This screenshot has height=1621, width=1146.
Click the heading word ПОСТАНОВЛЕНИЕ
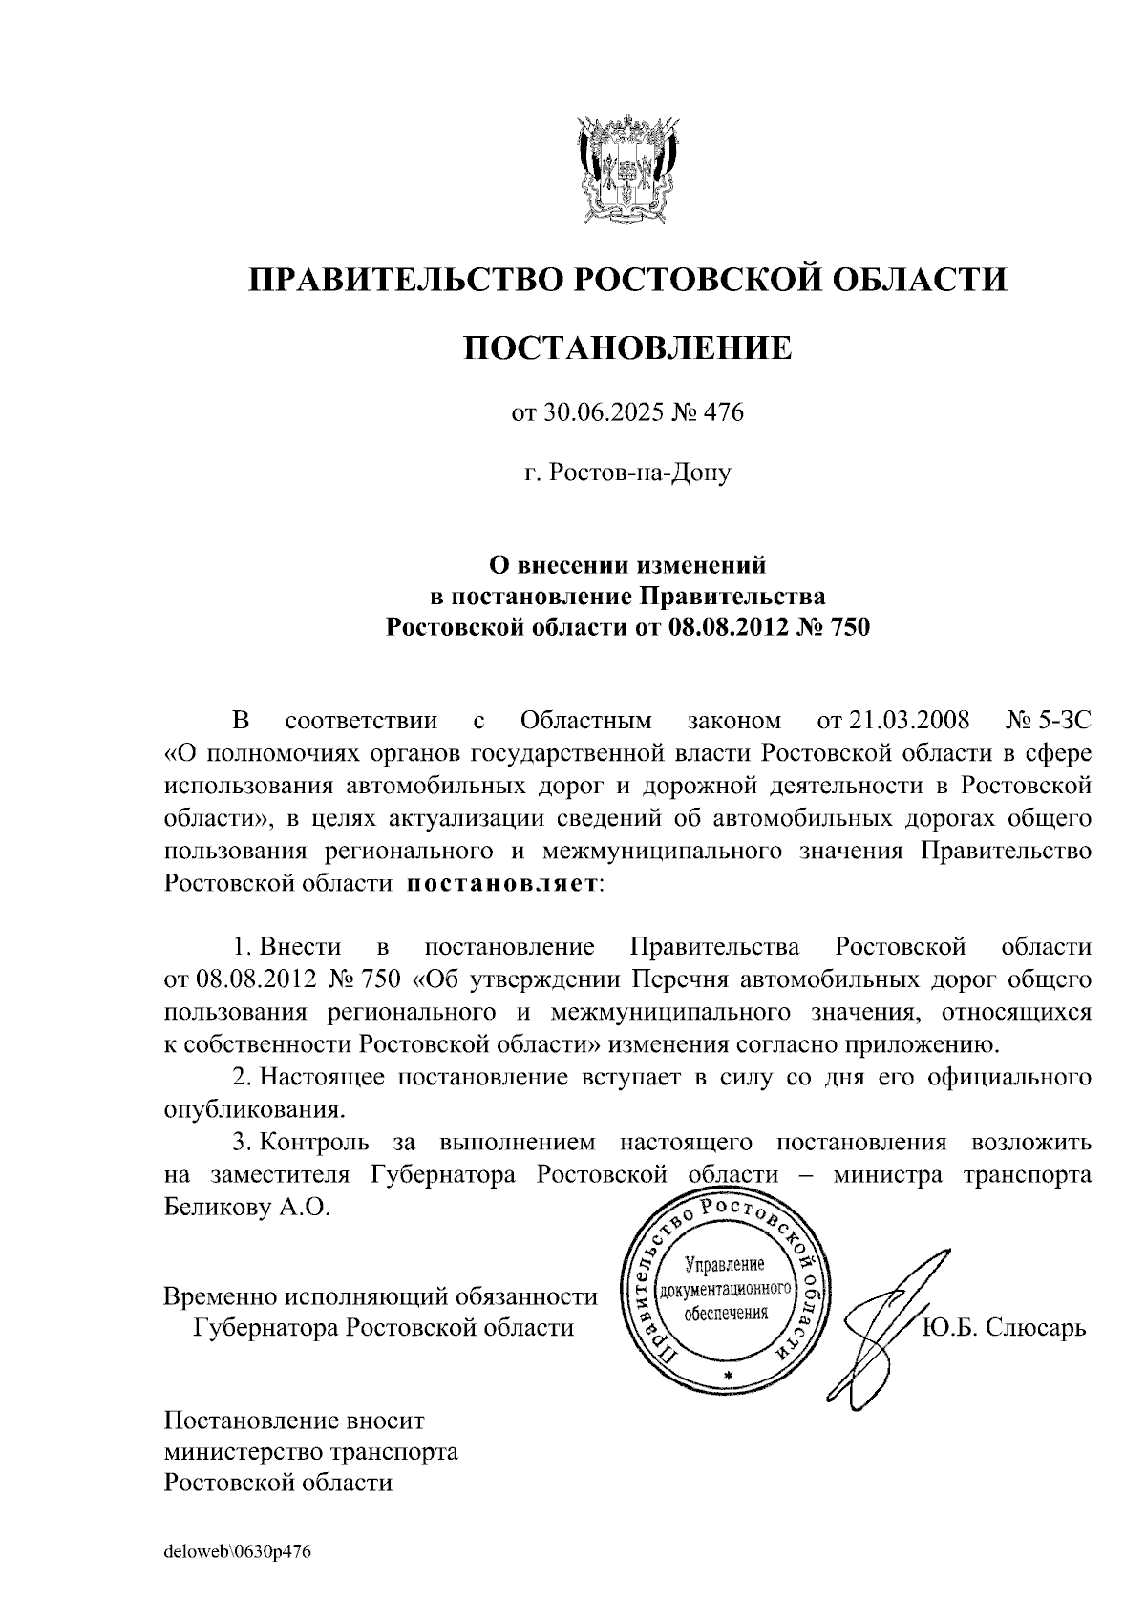click(x=627, y=347)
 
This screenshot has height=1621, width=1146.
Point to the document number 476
click(x=723, y=413)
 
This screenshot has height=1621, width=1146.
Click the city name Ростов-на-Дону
click(x=627, y=472)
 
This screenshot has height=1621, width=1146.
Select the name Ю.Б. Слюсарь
click(x=1004, y=1328)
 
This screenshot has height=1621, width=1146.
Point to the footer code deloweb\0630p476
click(x=238, y=1552)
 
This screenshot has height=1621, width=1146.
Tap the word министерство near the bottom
click(x=246, y=1452)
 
